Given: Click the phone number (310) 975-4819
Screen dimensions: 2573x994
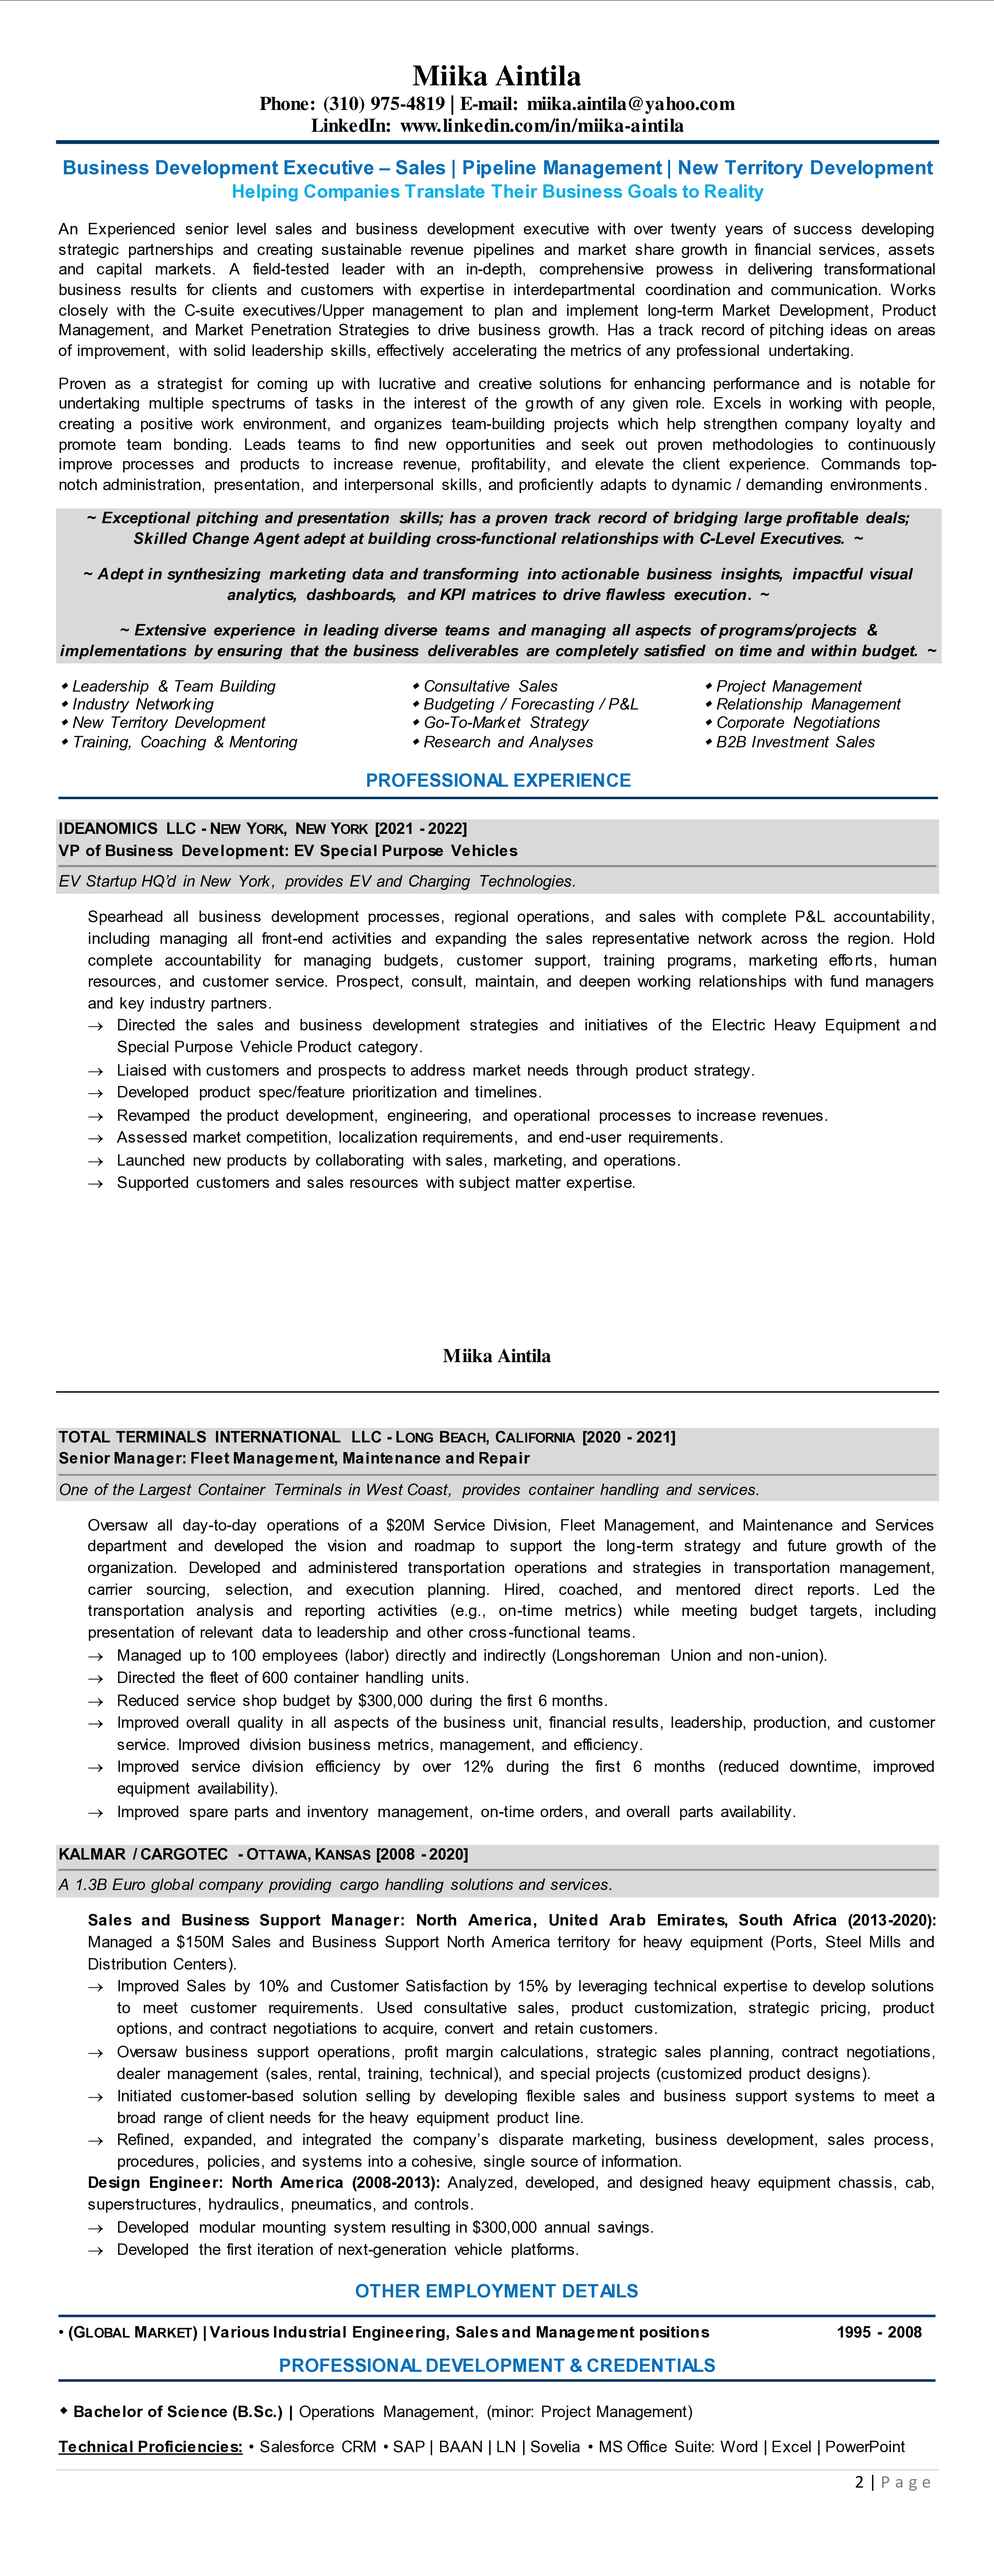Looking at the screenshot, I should coord(384,104).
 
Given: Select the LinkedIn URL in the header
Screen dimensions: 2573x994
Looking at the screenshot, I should coord(541,126).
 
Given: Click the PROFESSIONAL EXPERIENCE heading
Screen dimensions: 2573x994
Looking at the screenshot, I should coord(497,780).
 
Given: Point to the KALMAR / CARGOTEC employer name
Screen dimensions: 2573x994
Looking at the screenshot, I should coord(143,1854).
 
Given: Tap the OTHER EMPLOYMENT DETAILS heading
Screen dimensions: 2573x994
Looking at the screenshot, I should coord(497,2290).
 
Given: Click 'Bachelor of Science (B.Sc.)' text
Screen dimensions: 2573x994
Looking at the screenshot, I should coord(178,2411).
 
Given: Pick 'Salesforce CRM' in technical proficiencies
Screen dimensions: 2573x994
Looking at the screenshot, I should coord(318,2446).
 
